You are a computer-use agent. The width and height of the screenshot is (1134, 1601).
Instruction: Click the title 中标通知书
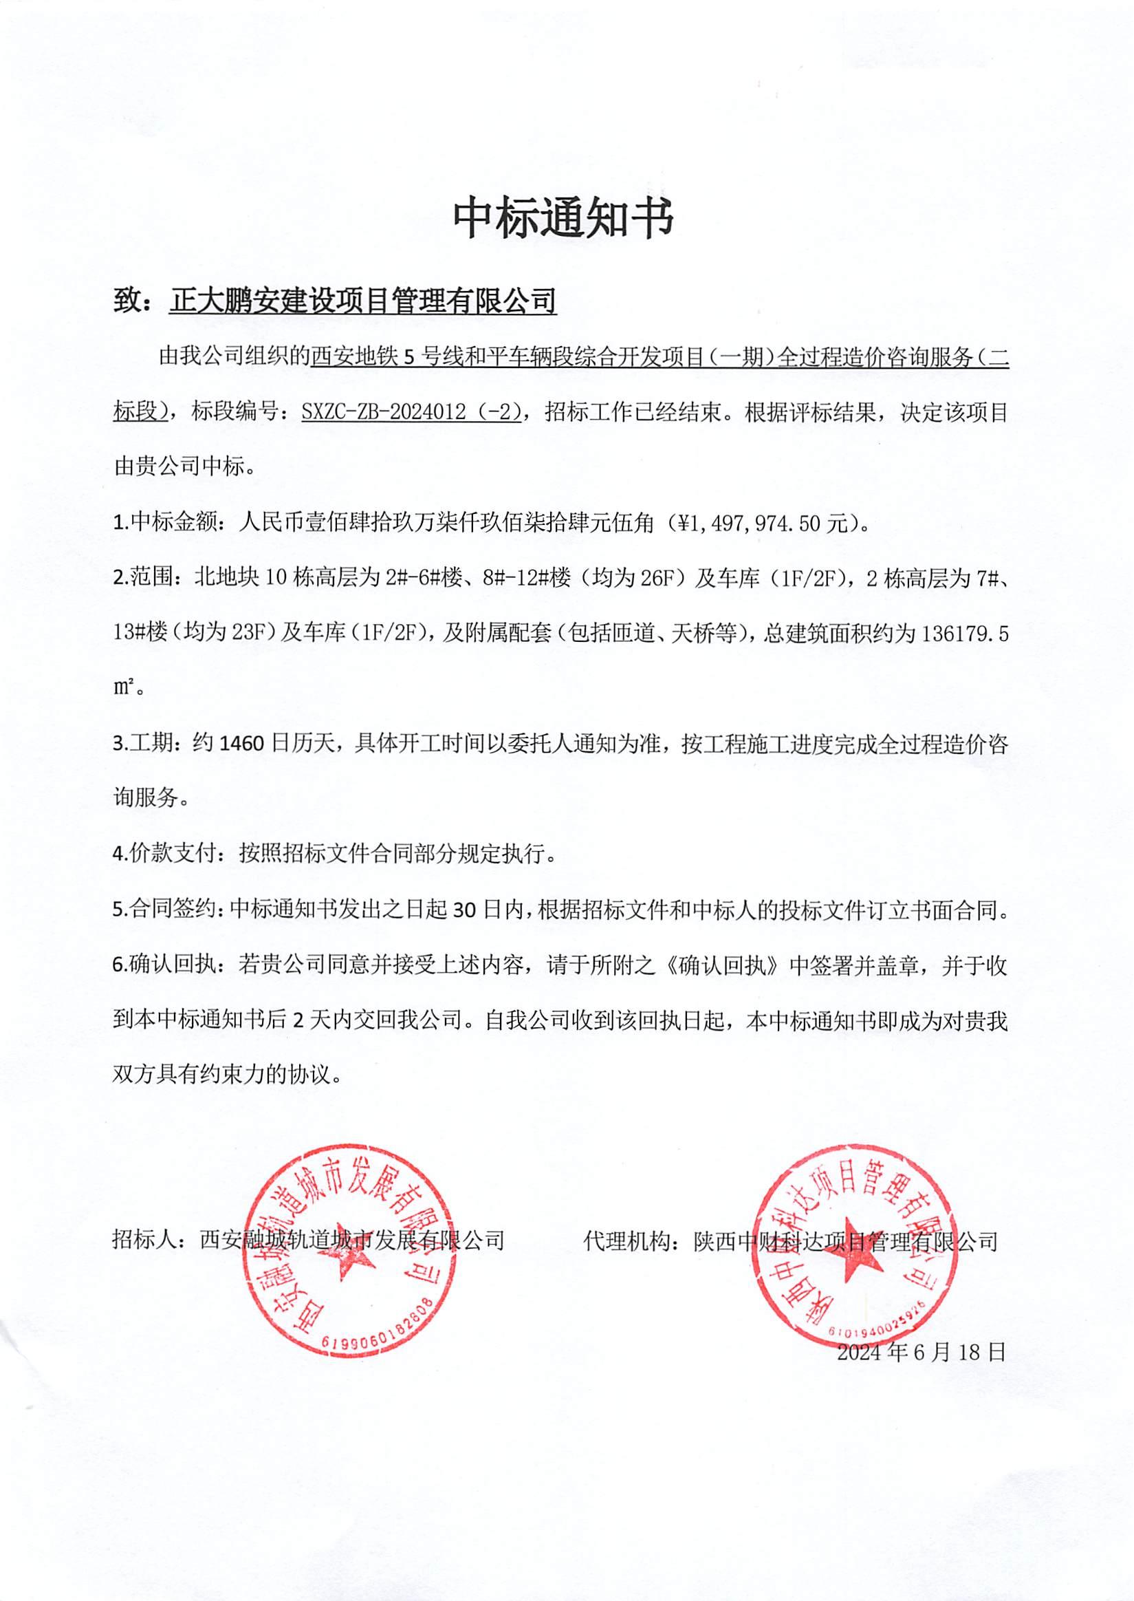pos(563,217)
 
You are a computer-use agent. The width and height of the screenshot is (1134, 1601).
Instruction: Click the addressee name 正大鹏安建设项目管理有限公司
pos(362,301)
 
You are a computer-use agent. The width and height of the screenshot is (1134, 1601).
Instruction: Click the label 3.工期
pos(142,744)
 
